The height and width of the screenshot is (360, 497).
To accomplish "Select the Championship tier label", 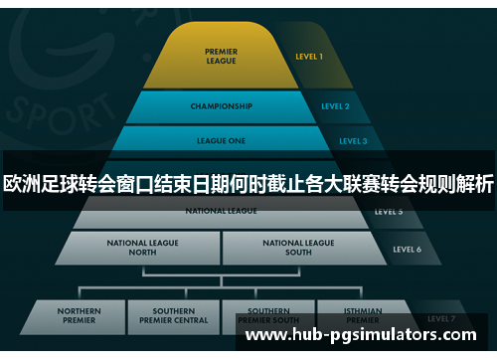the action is (x=220, y=106).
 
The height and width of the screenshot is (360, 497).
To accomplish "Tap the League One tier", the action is (x=221, y=141).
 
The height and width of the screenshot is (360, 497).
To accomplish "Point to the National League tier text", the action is (x=221, y=212).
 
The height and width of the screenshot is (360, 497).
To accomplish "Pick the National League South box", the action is (x=299, y=247).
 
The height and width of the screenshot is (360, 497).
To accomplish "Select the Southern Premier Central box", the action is (x=174, y=316).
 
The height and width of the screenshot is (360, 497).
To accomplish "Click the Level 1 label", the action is (x=309, y=57).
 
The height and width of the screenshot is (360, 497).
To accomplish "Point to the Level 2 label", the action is (x=335, y=106).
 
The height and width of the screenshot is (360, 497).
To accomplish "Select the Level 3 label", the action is (x=353, y=141).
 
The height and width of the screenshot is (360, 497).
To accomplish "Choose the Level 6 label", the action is (x=407, y=249).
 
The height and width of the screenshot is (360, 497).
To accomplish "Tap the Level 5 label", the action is (x=389, y=212).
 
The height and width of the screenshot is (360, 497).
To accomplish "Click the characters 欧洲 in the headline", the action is (x=28, y=183).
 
